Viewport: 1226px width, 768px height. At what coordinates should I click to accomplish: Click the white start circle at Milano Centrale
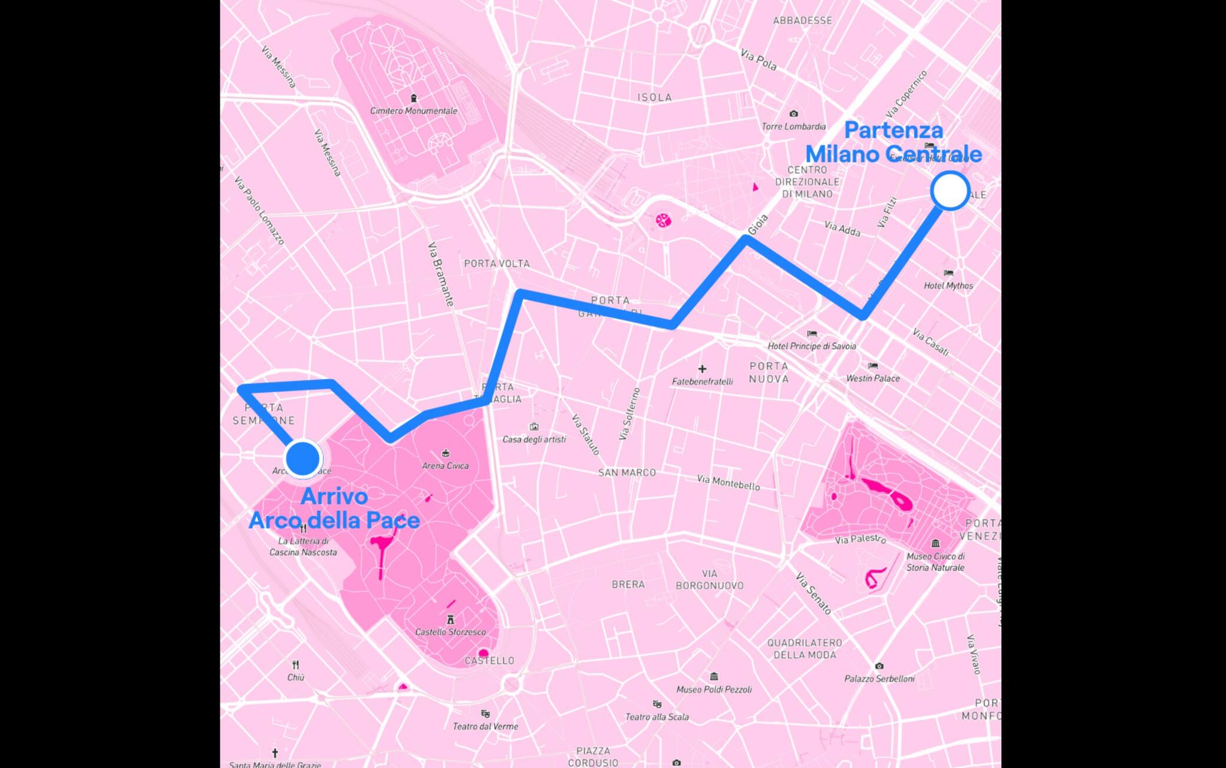point(950,191)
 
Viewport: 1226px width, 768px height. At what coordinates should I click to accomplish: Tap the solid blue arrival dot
point(303,458)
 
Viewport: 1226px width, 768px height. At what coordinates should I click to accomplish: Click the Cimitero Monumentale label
point(413,111)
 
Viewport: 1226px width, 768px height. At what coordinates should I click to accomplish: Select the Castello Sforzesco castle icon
point(451,619)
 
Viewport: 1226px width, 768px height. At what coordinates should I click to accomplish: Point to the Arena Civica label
point(445,465)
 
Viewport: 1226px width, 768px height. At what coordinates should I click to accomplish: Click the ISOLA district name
point(654,97)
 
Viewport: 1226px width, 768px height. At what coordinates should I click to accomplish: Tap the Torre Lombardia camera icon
point(793,114)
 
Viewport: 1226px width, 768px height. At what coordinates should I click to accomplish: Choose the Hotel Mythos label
point(948,285)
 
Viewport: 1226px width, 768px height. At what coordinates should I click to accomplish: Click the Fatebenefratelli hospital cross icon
point(702,369)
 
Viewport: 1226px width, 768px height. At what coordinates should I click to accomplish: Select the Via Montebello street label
point(728,482)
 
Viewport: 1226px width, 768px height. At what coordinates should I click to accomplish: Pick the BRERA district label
point(628,585)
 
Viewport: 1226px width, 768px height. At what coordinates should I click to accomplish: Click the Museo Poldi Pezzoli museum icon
point(714,677)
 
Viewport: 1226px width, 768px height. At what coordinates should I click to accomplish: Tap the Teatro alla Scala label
point(657,717)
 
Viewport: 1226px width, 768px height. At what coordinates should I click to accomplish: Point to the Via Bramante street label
point(441,274)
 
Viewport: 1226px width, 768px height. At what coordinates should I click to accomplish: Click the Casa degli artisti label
point(533,439)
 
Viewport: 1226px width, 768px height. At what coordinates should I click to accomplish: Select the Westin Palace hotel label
point(872,378)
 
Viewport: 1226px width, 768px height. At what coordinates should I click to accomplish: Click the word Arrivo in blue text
point(334,497)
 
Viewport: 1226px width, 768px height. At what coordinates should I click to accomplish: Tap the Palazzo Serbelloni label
point(879,678)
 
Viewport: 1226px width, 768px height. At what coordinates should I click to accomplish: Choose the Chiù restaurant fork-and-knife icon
point(295,665)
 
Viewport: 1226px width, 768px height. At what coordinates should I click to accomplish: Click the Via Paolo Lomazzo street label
point(259,211)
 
